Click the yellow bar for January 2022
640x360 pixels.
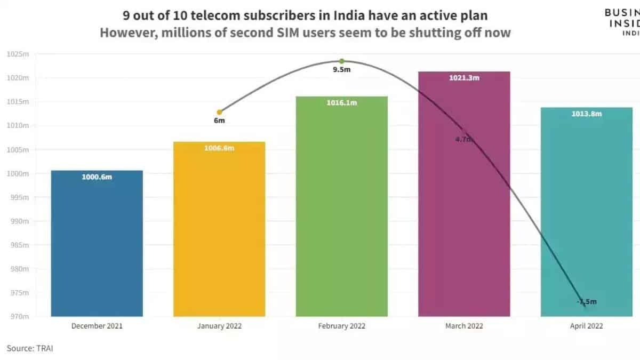point(219,229)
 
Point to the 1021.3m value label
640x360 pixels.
point(464,78)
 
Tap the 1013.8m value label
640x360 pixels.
point(586,114)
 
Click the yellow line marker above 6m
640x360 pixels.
point(219,112)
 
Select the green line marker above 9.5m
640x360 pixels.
point(342,61)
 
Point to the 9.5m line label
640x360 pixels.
point(342,70)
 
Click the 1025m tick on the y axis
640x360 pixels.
point(18,54)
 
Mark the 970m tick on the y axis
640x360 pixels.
point(20,317)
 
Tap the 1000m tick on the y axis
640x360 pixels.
point(18,174)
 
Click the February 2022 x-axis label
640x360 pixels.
point(342,326)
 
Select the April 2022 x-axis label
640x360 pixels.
point(586,326)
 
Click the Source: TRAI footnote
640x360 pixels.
point(30,348)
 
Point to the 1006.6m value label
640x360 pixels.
point(219,148)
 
